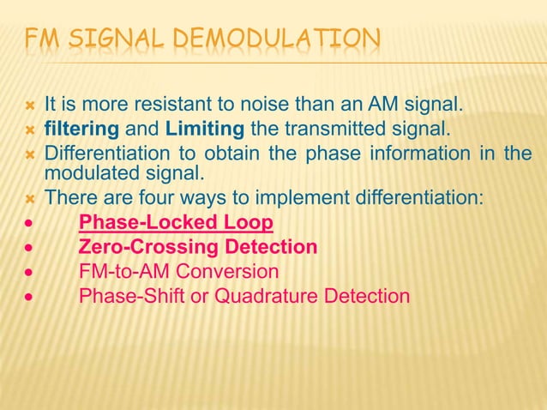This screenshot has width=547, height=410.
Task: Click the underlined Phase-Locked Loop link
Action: (176, 224)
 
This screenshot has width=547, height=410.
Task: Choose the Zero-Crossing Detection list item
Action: (198, 248)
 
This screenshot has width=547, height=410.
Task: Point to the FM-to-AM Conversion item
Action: (178, 272)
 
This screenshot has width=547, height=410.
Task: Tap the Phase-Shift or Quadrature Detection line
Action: (244, 296)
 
